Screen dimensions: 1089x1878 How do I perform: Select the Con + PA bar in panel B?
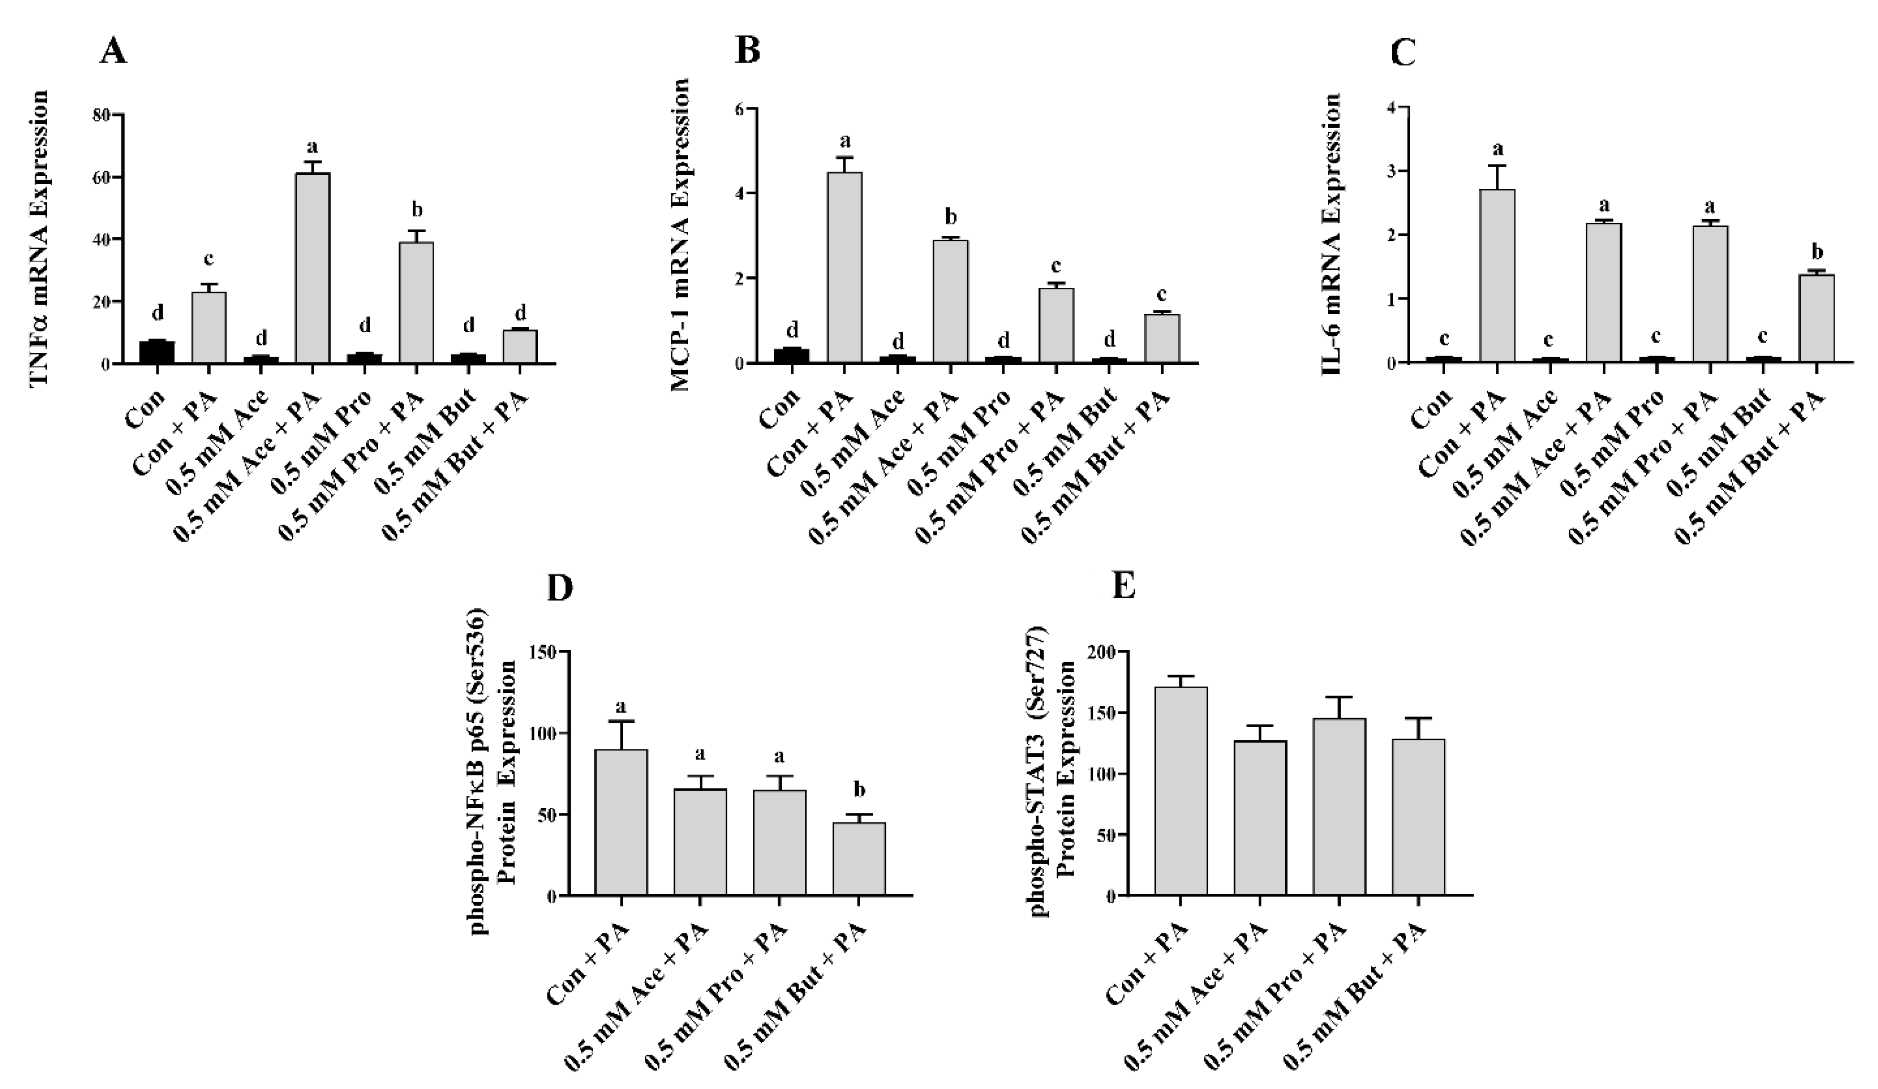pyautogui.click(x=844, y=268)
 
